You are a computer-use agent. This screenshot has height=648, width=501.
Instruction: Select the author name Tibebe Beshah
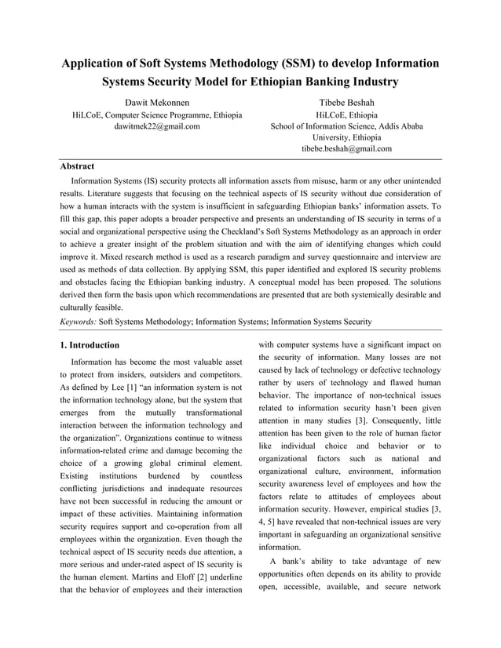346,103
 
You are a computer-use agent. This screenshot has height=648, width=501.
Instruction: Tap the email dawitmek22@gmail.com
157,126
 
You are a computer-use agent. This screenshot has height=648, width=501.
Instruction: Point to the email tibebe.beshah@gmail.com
346,148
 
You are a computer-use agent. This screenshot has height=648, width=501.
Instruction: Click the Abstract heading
77,166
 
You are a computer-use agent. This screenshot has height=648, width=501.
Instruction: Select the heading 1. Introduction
90,345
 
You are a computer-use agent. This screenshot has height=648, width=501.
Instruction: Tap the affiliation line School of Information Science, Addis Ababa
346,126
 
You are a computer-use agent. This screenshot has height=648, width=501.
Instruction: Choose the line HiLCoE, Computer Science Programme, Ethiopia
157,115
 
